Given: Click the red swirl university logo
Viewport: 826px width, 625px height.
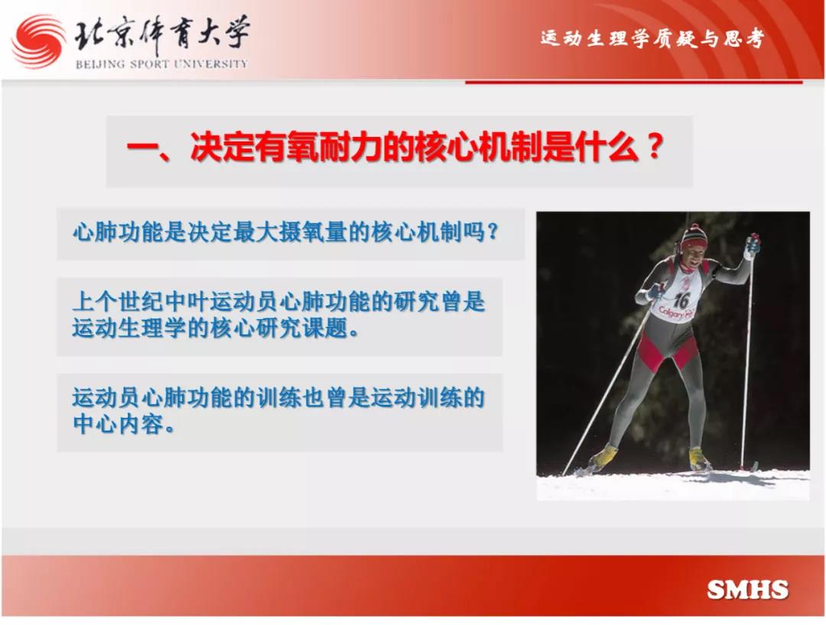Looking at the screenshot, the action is pyautogui.click(x=38, y=41).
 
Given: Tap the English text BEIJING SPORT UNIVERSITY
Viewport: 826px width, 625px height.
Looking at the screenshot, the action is pyautogui.click(x=161, y=64).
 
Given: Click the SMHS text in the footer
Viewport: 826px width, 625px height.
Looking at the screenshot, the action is pyautogui.click(x=747, y=590).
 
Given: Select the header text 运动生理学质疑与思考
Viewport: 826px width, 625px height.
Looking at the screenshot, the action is pyautogui.click(x=652, y=38).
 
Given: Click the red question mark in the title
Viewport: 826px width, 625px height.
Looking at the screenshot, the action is pyautogui.click(x=654, y=147).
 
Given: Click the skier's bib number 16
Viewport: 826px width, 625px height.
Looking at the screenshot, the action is pyautogui.click(x=681, y=301).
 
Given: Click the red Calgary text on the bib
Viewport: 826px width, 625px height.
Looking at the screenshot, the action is pyautogui.click(x=676, y=313).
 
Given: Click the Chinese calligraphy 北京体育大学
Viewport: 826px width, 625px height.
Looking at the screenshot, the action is pyautogui.click(x=161, y=34).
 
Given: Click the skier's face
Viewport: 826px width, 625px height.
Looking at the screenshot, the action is pyautogui.click(x=694, y=256).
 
